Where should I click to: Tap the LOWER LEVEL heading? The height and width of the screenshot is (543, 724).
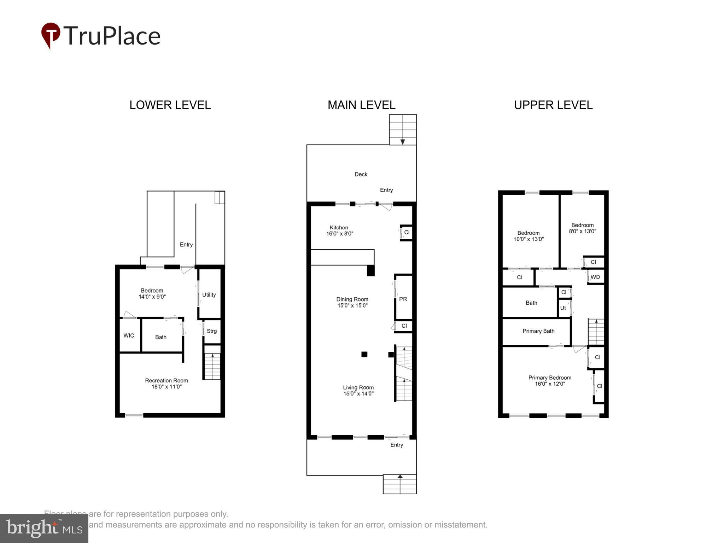click(170, 105)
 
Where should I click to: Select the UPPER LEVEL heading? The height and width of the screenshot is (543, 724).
click(553, 105)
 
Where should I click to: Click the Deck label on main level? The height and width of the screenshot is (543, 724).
click(361, 174)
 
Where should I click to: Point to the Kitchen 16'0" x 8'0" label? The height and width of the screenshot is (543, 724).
click(339, 230)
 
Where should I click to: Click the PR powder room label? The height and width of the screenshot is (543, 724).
click(403, 299)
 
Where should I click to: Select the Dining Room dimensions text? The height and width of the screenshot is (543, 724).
click(352, 306)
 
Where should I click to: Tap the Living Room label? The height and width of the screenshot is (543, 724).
click(358, 387)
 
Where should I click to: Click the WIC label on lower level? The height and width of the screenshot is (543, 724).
click(129, 335)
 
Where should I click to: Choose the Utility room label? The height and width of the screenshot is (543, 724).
click(209, 295)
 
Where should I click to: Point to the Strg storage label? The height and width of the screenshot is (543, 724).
click(212, 331)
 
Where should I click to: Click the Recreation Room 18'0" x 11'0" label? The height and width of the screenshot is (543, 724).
click(167, 384)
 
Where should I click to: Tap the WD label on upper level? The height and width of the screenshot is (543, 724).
click(595, 277)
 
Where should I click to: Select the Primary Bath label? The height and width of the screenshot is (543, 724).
click(538, 331)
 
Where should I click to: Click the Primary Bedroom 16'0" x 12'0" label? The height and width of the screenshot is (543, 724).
click(550, 381)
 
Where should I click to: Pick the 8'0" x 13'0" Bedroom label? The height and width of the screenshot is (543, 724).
click(582, 228)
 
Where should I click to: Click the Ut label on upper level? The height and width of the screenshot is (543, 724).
click(563, 308)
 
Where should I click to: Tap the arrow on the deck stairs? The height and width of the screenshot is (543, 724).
click(402, 142)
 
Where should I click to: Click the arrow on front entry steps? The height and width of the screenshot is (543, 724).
click(400, 477)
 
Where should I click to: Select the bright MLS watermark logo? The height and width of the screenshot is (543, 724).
click(44, 529)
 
